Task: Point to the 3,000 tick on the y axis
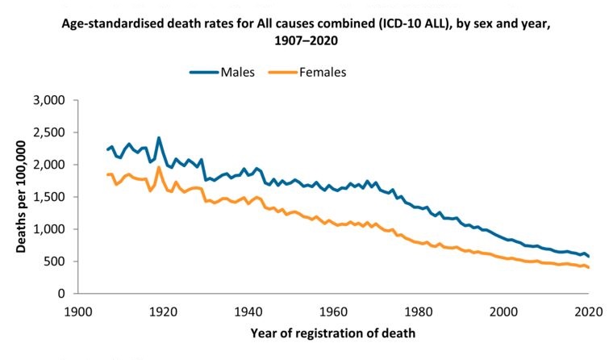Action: [x=46, y=100]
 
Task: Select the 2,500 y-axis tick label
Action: [x=46, y=132]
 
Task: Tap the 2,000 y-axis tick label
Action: [x=46, y=165]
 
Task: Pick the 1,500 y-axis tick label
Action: [x=46, y=197]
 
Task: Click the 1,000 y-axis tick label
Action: [x=46, y=229]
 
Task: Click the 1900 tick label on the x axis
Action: [x=78, y=310]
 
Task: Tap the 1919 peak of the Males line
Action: [x=159, y=138]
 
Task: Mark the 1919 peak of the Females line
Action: [x=159, y=167]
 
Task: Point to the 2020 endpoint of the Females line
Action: [x=590, y=267]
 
